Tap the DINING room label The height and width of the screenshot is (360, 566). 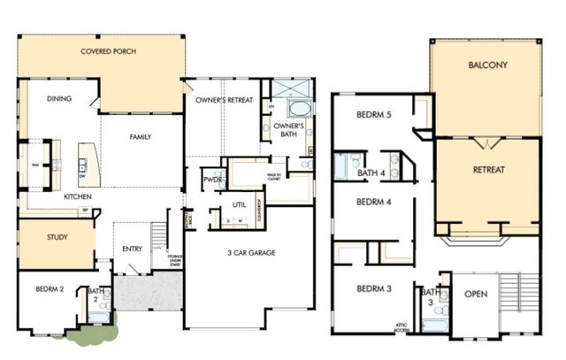pyautogui.click(x=58, y=99)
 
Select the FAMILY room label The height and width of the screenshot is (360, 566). pyautogui.click(x=140, y=137)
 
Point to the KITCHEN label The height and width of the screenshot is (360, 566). pyautogui.click(x=80, y=197)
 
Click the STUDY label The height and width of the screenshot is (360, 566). pyautogui.click(x=57, y=237)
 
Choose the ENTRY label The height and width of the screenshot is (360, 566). pyautogui.click(x=132, y=249)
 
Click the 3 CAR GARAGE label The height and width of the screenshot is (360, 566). pyautogui.click(x=250, y=253)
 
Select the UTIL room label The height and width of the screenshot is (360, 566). pyautogui.click(x=238, y=204)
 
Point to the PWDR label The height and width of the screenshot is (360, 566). pyautogui.click(x=211, y=178)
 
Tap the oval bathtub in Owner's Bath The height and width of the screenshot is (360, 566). pyautogui.click(x=299, y=109)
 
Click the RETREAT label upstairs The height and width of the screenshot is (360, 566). pyautogui.click(x=488, y=169)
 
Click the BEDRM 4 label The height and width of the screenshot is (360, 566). pyautogui.click(x=373, y=202)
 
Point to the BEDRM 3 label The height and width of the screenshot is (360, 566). pyautogui.click(x=374, y=289)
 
